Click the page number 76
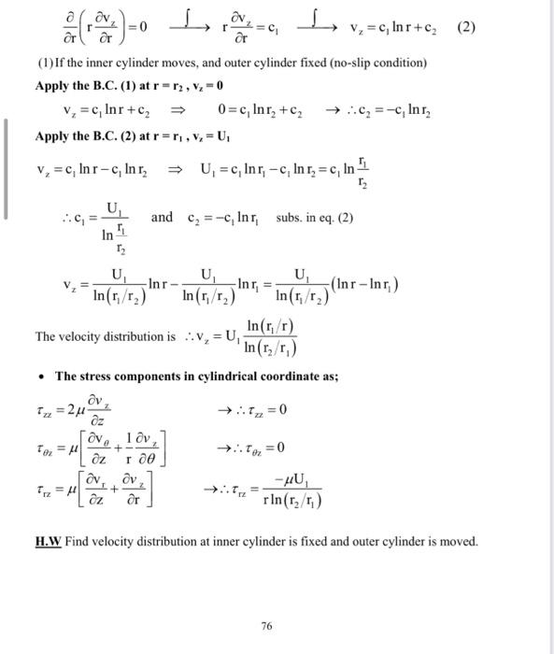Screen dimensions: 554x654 coord(268,627)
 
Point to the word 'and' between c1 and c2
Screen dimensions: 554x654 coord(162,218)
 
